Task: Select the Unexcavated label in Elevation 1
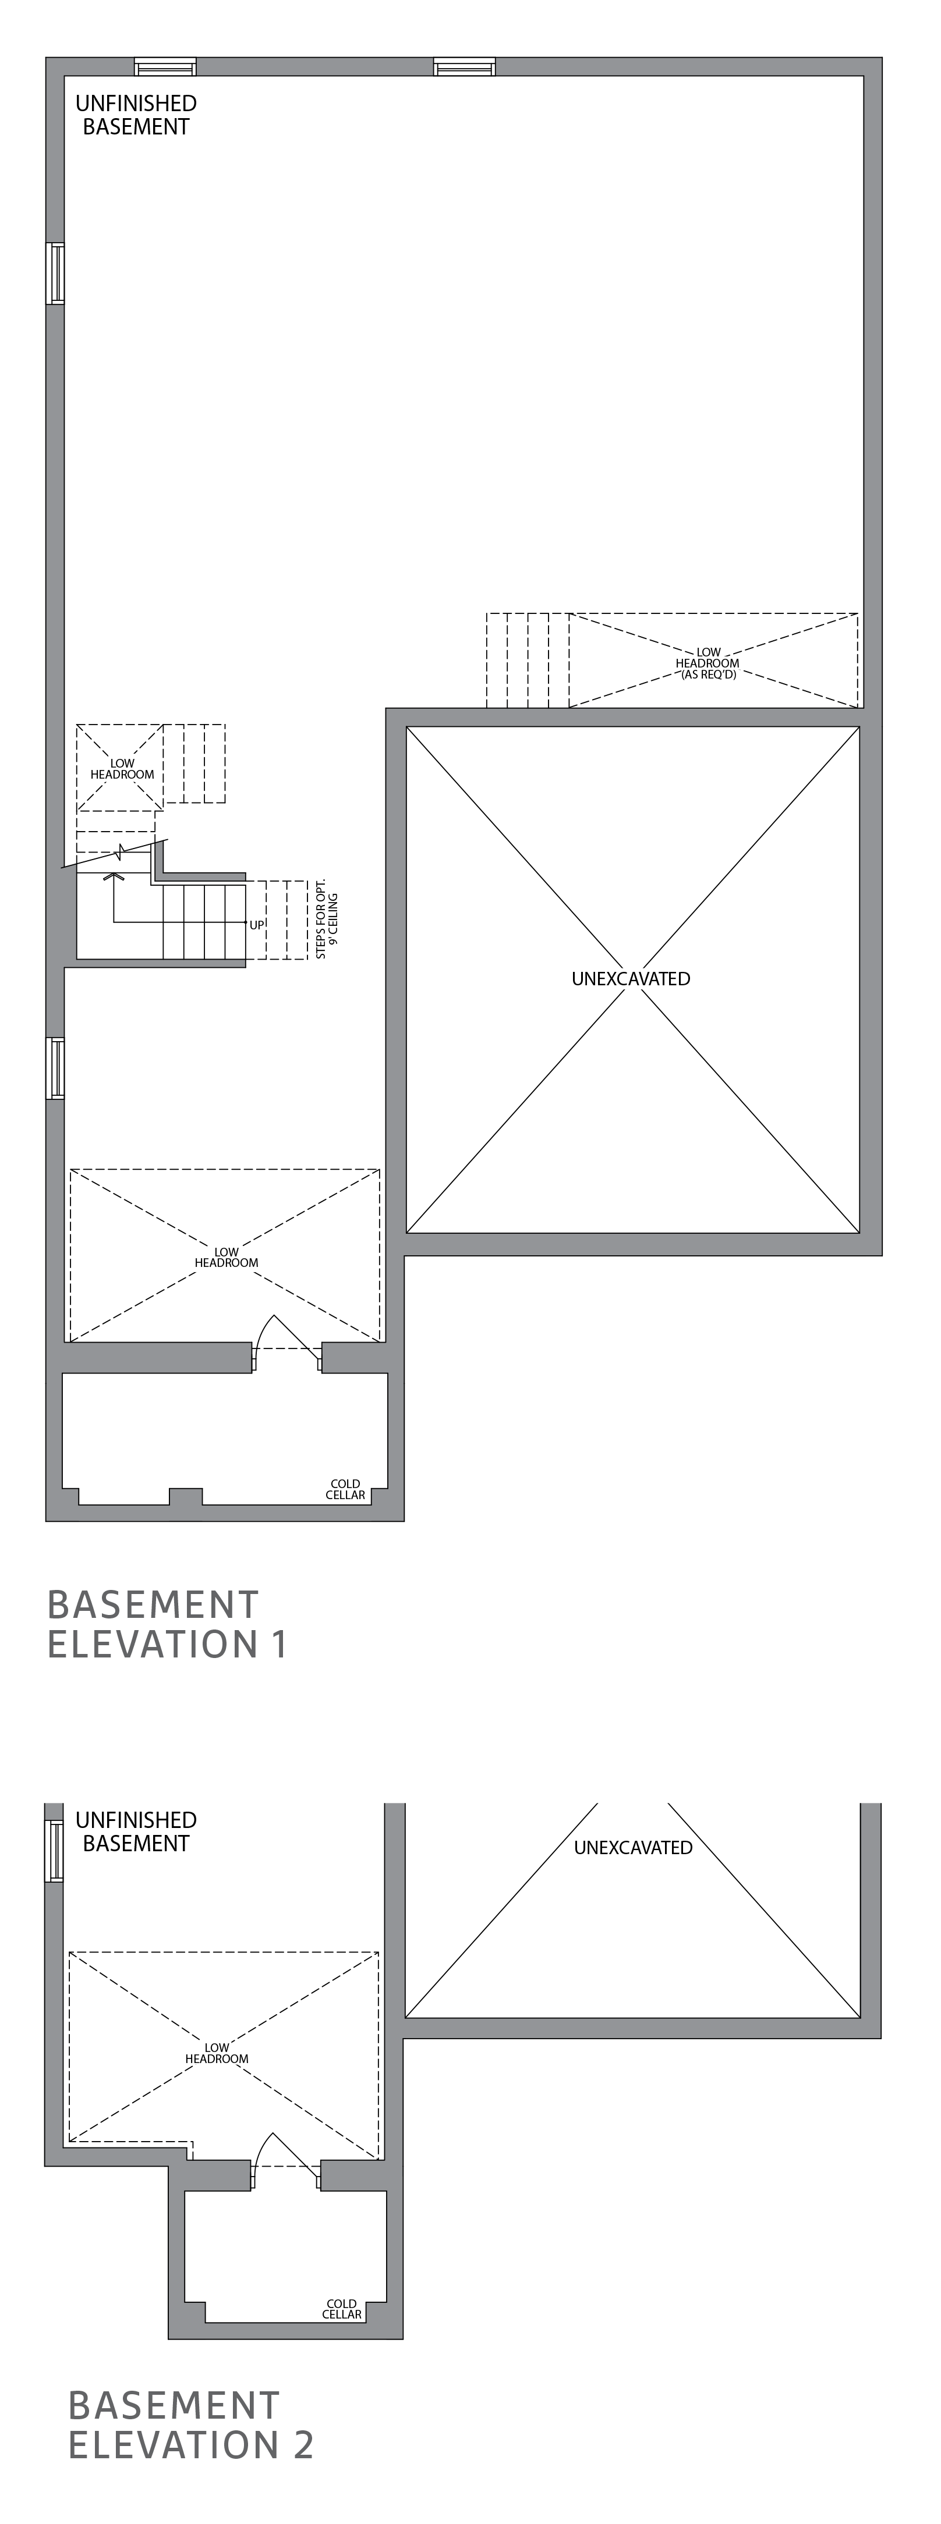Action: click(x=630, y=978)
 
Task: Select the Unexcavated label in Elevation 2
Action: click(x=633, y=1848)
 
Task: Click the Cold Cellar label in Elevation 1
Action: click(x=346, y=1489)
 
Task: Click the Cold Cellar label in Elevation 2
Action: click(x=342, y=2309)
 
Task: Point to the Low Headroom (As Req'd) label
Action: click(x=707, y=663)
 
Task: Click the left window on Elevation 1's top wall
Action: click(x=165, y=66)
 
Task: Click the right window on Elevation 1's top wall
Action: click(x=465, y=66)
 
